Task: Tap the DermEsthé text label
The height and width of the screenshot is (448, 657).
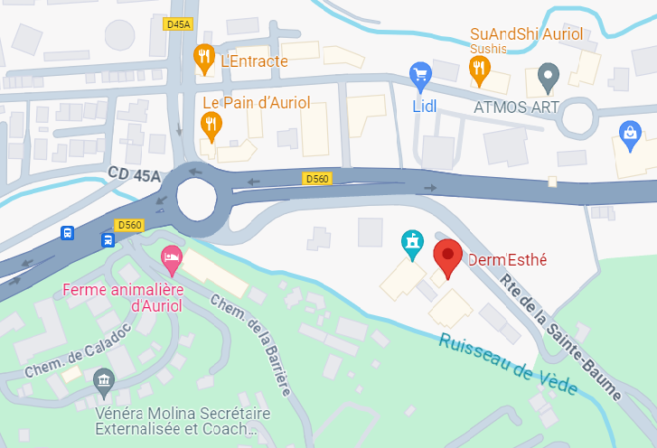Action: coord(508,260)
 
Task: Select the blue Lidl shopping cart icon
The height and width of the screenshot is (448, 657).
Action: coord(419,75)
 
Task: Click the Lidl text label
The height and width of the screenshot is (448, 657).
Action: coord(425,106)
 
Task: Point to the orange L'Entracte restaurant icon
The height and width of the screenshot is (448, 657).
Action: coord(204,59)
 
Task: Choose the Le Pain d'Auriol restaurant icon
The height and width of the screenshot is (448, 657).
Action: coord(211,126)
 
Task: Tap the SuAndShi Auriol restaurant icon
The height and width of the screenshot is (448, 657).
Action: coord(479,68)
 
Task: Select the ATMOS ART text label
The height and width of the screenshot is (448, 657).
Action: coord(516,107)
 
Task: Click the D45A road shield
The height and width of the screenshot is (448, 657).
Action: coord(178,24)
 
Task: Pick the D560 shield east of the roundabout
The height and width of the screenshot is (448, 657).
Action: coord(317,179)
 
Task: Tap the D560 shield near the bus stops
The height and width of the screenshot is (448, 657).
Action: coord(129,225)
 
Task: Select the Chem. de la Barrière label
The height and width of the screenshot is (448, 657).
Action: coord(249,344)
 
